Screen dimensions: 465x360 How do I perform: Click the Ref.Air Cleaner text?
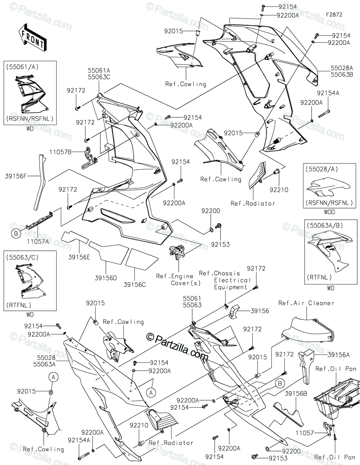tap(306, 303)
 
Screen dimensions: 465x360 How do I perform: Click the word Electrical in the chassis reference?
tap(233, 280)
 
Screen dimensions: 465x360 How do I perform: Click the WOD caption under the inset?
tap(329, 212)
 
